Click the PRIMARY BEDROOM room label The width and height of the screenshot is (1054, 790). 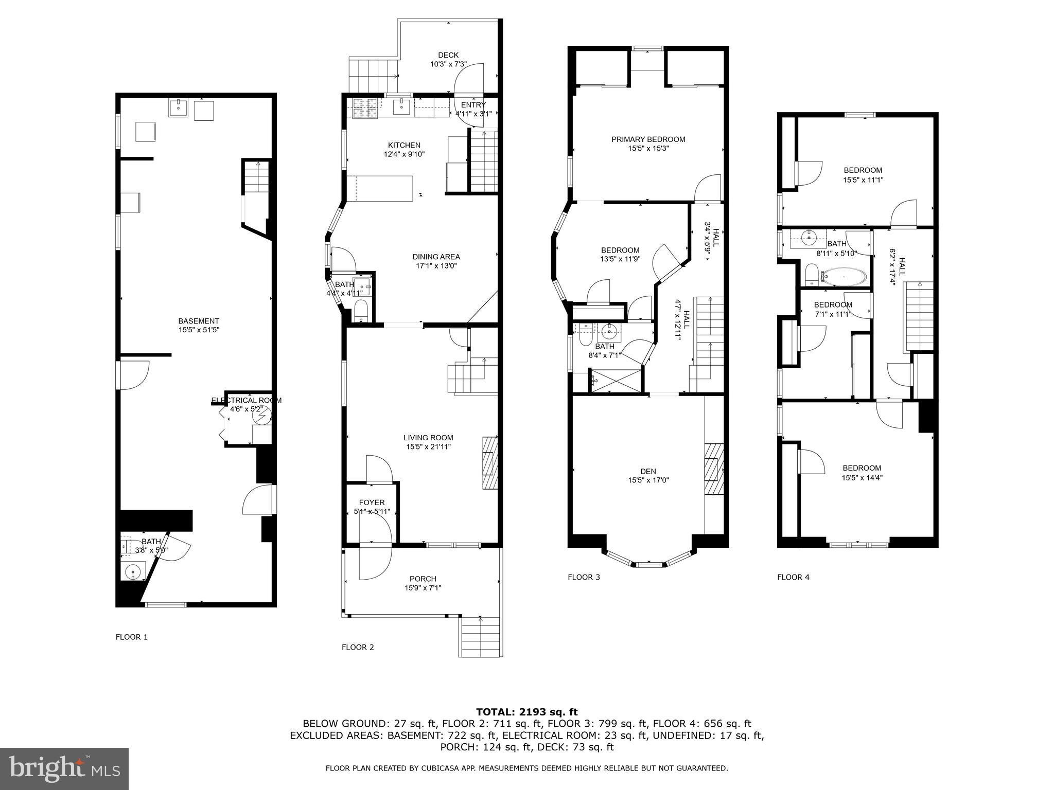648,139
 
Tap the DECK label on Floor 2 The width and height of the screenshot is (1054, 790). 448,55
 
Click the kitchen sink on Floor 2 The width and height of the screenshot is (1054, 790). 401,107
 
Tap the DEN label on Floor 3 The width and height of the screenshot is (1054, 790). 648,471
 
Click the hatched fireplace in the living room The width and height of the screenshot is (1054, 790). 489,462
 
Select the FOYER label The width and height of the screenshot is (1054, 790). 372,502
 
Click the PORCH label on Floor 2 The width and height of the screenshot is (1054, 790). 423,579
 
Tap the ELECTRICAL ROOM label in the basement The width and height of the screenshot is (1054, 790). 246,400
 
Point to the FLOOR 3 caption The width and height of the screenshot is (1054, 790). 584,577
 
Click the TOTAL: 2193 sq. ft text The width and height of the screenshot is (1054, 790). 526,712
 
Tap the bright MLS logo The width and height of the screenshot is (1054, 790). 64,768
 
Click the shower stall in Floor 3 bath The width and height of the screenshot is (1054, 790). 616,381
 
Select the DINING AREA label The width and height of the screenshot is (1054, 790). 436,257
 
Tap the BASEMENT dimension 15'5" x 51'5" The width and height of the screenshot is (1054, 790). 199,330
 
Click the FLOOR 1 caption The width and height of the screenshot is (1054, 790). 131,637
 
